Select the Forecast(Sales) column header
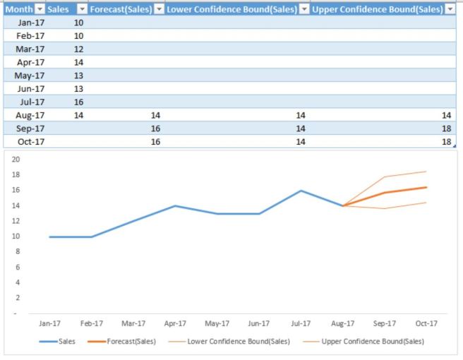tap(120, 9)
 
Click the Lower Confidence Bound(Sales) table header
tap(230, 9)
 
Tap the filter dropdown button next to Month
tap(40, 9)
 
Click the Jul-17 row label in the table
tap(31, 102)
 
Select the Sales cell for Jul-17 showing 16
tap(78, 102)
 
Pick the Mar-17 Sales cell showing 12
tap(78, 49)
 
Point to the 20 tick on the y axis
tap(16, 159)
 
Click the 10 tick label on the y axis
tap(16, 236)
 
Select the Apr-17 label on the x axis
tap(175, 324)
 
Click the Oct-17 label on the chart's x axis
tap(426, 324)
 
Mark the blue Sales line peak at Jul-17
tap(301, 191)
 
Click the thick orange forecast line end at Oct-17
tap(426, 187)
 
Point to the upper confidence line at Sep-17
tap(385, 176)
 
